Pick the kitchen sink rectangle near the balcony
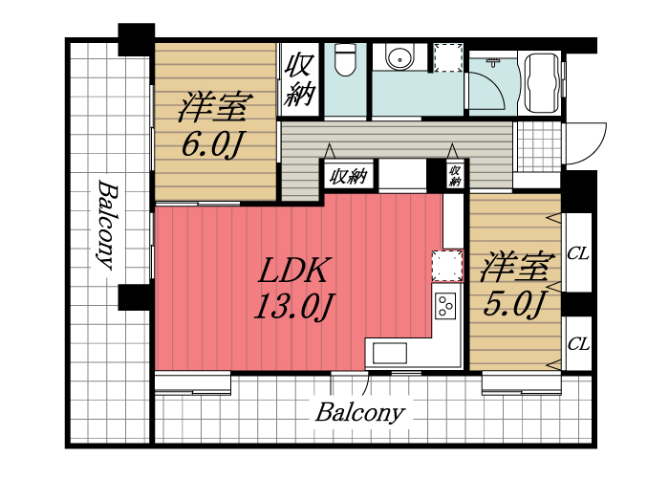point(390,353)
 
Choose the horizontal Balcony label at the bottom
point(359,414)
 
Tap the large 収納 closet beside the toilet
point(299,80)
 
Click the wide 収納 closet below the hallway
point(348,176)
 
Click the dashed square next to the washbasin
point(446,57)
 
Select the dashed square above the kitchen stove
point(445,265)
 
